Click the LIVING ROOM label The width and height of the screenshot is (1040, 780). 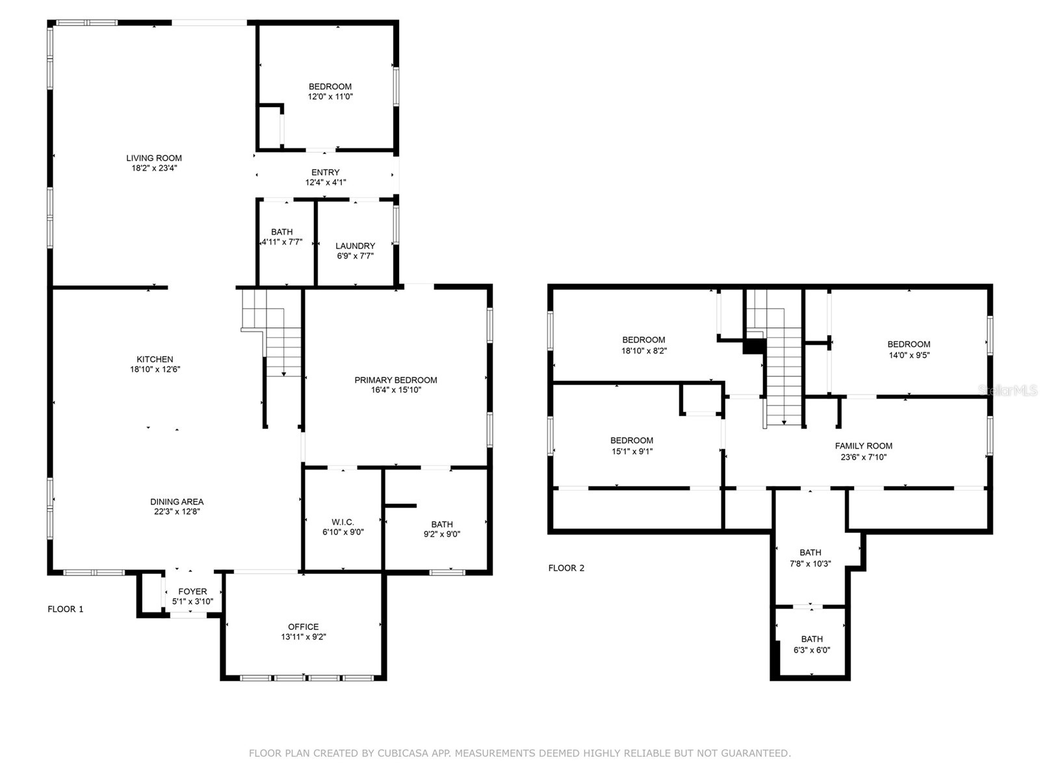pos(154,158)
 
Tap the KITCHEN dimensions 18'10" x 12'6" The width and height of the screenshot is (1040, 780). pos(155,369)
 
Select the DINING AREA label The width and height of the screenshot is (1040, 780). pos(177,502)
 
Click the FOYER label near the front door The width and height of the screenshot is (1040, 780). pos(192,591)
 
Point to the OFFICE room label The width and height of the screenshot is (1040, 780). pos(304,627)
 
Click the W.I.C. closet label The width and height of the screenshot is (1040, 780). pos(343,522)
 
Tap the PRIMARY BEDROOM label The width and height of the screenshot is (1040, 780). pos(395,380)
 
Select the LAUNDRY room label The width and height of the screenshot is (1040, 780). pos(355,246)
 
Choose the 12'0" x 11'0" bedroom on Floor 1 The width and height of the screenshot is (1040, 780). pos(330,92)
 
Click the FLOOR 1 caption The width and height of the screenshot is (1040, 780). pos(66,609)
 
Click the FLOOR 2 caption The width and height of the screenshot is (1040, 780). pos(566,568)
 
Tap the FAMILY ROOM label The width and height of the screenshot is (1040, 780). pos(863,446)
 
